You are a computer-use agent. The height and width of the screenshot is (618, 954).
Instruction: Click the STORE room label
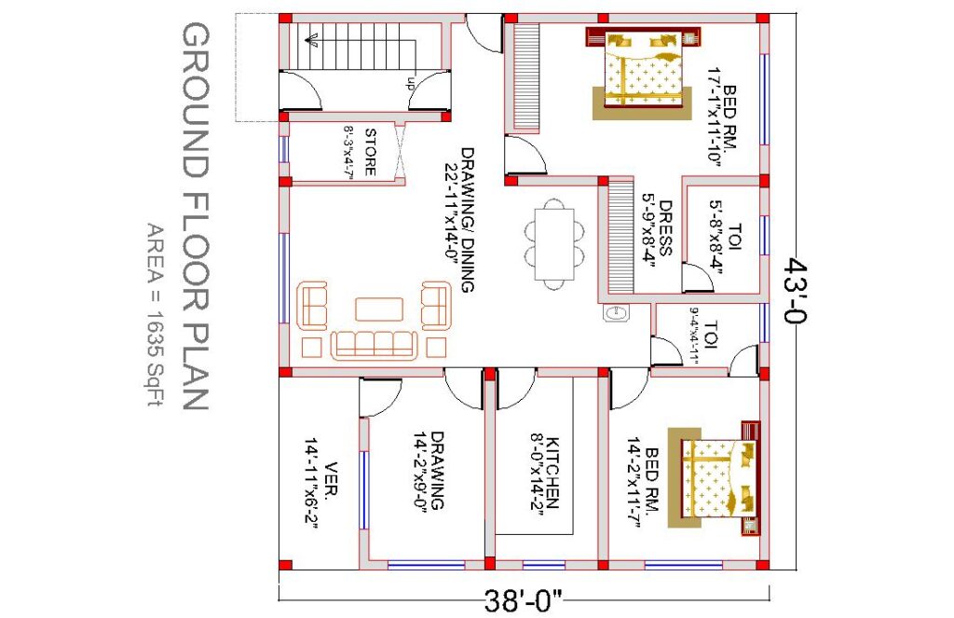pyautogui.click(x=370, y=152)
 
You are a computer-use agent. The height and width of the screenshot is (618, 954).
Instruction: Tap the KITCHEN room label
pyautogui.click(x=552, y=473)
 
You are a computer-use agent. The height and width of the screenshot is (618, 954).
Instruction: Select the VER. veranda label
pyautogui.click(x=333, y=481)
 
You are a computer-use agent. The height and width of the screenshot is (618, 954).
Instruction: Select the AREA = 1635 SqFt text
pyautogui.click(x=156, y=315)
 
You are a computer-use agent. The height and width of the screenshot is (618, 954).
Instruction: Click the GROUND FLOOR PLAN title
pyautogui.click(x=196, y=217)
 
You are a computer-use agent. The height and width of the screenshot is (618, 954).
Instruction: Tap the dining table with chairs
pyautogui.click(x=553, y=244)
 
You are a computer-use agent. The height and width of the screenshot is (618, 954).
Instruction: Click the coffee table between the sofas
pyautogui.click(x=379, y=309)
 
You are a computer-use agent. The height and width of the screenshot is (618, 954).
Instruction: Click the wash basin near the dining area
pyautogui.click(x=615, y=313)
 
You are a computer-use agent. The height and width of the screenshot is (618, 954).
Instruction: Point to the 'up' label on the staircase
pyautogui.click(x=411, y=83)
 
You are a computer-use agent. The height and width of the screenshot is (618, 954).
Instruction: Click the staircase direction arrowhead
pyautogui.click(x=312, y=41)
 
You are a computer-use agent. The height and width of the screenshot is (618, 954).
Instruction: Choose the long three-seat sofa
pyautogui.click(x=375, y=345)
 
